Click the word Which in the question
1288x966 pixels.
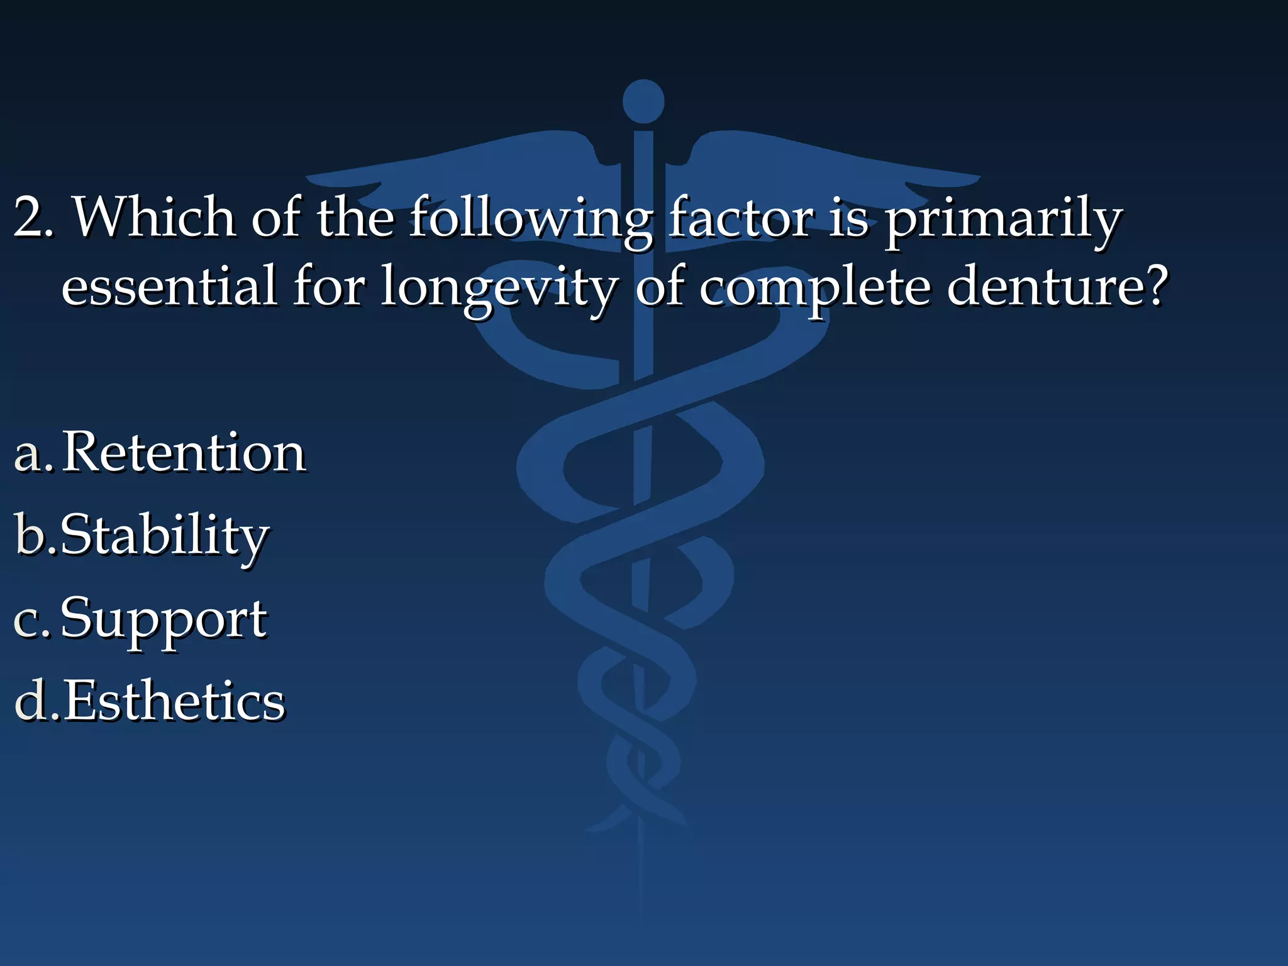[154, 217]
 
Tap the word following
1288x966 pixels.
[531, 220]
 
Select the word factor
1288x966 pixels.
[740, 217]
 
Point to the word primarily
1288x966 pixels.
[1003, 220]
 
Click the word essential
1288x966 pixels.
[169, 286]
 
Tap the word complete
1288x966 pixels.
[814, 289]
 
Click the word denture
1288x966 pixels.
[1047, 286]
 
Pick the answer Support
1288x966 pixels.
[164, 620]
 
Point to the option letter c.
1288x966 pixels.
[28, 620]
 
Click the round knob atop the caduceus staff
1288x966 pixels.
[643, 101]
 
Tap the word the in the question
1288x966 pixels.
[355, 217]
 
